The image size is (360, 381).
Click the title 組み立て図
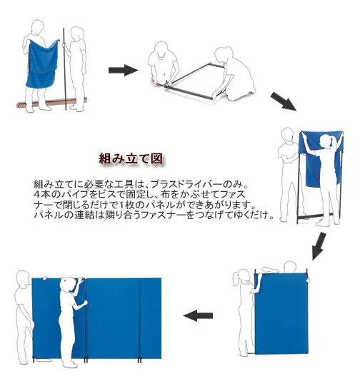pos(131,159)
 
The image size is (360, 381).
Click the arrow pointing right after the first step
pos(124,70)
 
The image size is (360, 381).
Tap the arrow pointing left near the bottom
pos(198,315)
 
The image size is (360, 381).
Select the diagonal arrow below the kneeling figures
pos(284,101)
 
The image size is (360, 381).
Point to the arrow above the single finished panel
pos(319,246)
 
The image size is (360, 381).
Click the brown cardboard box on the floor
pos(51,103)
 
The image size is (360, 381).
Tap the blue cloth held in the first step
pos(42,63)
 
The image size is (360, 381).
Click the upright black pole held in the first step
pos(65,69)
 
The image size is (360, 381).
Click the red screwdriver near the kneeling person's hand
pos(158,84)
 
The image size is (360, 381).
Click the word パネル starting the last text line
pos(49,215)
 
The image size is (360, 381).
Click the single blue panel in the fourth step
pos(281,313)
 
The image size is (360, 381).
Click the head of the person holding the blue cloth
pos(37,27)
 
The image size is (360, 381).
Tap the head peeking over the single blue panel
pos(290,267)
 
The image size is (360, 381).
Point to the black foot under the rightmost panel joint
pos(139,360)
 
